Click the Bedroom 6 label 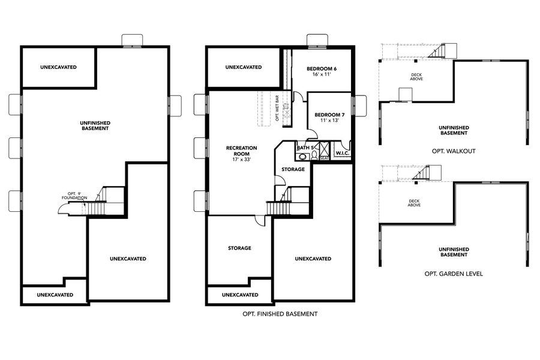tap(321, 69)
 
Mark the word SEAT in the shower tap(324, 158)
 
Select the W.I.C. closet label tap(343, 154)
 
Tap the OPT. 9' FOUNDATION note tap(75, 196)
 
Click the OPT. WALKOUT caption tap(453, 151)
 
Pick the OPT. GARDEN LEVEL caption tap(453, 274)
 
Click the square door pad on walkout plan tap(406, 94)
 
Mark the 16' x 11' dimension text tap(321, 75)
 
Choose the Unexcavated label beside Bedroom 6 tap(243, 67)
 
